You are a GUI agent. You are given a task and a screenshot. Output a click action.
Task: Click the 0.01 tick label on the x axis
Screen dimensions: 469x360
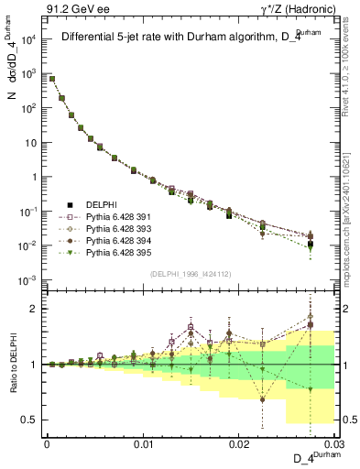[x=143, y=445]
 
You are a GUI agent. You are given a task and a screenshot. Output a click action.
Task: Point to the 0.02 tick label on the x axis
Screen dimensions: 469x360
[x=239, y=445]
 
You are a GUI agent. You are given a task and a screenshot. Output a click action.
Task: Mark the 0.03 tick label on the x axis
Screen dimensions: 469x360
[x=333, y=445]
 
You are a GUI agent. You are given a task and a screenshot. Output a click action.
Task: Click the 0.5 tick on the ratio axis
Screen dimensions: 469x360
[x=32, y=420]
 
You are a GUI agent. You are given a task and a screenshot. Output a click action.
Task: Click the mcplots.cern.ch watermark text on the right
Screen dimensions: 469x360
[x=352, y=220]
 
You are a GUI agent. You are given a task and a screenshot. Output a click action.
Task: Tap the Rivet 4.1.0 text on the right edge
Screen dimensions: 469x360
[x=352, y=73]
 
